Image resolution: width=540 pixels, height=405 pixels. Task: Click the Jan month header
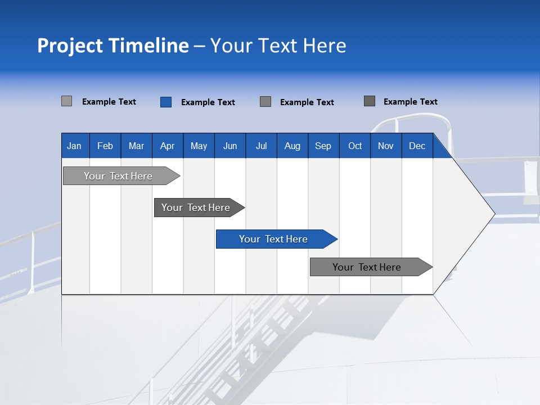[x=74, y=146]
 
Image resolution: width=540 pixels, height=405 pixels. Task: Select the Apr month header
[x=167, y=146]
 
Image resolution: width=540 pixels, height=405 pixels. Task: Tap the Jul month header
[x=261, y=146]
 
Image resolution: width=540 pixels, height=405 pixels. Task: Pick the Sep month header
[x=323, y=146]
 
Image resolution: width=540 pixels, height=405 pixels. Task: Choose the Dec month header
[x=417, y=146]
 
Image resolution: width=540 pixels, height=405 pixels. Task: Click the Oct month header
[x=355, y=146]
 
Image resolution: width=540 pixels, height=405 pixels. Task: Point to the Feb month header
[x=105, y=146]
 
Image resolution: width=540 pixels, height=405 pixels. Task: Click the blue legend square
[x=166, y=102]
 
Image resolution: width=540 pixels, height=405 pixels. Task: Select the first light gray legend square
[x=67, y=101]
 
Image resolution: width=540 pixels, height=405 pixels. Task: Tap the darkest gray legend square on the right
[x=370, y=101]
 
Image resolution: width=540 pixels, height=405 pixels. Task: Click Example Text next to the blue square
[x=208, y=102]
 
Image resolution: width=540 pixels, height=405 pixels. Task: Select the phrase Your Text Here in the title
[x=278, y=46]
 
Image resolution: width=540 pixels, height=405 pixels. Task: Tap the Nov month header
[x=386, y=146]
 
